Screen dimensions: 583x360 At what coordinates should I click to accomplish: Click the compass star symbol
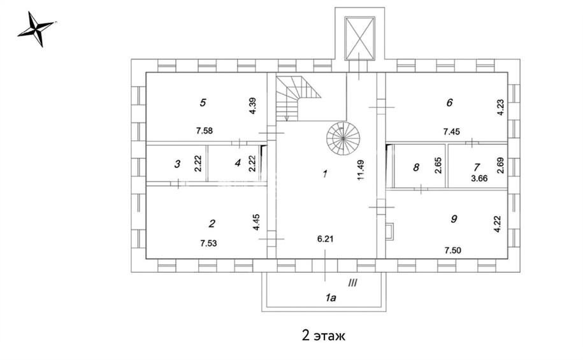click(36, 29)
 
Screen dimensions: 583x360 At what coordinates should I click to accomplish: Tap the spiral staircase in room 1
click(343, 138)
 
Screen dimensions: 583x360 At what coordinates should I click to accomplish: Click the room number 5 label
click(203, 103)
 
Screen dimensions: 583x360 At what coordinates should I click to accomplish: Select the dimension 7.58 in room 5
click(204, 131)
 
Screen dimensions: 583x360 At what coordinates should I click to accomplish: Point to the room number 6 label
click(450, 103)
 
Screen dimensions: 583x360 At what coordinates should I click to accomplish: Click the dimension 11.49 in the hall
click(361, 170)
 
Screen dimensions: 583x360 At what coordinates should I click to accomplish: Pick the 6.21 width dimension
click(326, 239)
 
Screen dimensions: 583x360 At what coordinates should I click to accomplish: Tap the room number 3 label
click(177, 164)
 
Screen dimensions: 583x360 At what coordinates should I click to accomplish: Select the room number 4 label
click(238, 162)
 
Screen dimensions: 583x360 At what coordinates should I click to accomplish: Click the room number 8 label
click(416, 168)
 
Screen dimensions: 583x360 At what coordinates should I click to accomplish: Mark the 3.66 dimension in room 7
click(479, 178)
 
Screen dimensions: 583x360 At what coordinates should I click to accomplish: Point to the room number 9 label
click(454, 219)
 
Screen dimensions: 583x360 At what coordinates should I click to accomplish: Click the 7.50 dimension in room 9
click(453, 250)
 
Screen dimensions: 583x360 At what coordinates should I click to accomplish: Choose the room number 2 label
click(212, 224)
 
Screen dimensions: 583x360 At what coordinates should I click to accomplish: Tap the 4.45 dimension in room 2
click(256, 222)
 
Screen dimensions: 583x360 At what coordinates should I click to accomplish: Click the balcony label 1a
click(331, 298)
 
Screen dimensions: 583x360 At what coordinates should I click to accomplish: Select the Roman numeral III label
click(352, 283)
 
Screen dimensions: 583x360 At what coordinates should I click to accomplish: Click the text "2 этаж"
click(324, 335)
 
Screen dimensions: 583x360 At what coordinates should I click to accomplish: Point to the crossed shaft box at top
click(359, 38)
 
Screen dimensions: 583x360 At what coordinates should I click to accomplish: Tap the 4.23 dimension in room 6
click(501, 108)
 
